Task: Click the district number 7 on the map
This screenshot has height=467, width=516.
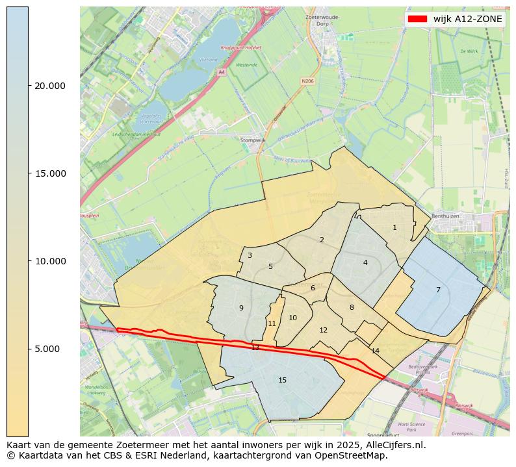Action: pyautogui.click(x=438, y=290)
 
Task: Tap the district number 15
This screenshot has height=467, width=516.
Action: pyautogui.click(x=282, y=380)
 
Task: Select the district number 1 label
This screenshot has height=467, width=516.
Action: pyautogui.click(x=394, y=227)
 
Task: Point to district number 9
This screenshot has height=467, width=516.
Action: pyautogui.click(x=241, y=308)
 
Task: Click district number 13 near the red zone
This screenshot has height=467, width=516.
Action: pyautogui.click(x=255, y=348)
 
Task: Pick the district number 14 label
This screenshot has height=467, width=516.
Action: pyautogui.click(x=375, y=351)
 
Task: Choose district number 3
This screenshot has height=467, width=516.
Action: pyautogui.click(x=250, y=255)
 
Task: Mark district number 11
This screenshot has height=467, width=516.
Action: pyautogui.click(x=272, y=323)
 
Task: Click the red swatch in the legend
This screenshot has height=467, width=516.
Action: pyautogui.click(x=417, y=19)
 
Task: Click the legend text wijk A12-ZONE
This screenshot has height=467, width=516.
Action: pyautogui.click(x=467, y=19)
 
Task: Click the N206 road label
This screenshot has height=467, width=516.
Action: pyautogui.click(x=307, y=81)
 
